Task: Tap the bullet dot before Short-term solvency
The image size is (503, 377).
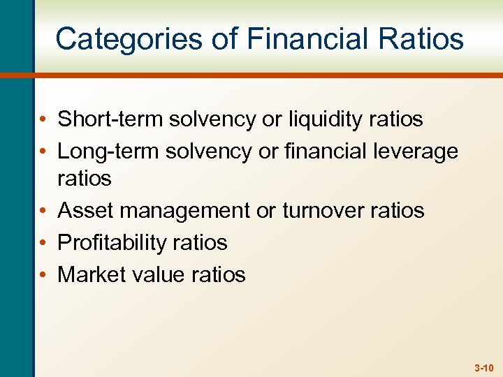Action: [43, 120]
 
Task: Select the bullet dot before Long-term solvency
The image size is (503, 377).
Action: [43, 151]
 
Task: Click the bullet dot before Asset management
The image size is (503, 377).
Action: [43, 211]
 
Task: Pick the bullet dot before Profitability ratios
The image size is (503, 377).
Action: [43, 243]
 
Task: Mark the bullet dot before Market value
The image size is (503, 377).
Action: [43, 275]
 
